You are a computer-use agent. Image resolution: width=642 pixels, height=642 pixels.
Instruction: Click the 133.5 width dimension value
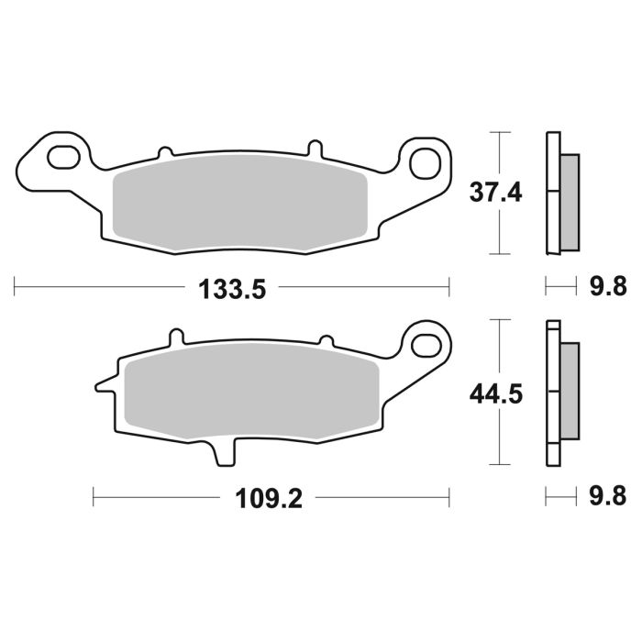(x=232, y=290)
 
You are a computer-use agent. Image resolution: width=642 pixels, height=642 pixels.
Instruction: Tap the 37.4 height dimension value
(x=496, y=194)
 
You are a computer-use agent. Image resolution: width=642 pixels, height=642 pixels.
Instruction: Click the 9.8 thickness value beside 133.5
(x=606, y=288)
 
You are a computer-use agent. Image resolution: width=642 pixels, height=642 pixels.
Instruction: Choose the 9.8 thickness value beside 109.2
(x=606, y=497)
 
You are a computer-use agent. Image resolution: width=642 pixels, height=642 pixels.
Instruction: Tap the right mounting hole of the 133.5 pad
(x=425, y=163)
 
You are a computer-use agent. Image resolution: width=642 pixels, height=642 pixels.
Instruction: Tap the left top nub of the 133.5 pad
(x=166, y=151)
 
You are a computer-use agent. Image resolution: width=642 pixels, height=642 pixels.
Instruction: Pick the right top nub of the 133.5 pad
(x=314, y=148)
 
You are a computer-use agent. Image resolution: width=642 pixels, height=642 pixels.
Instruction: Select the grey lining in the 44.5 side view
(x=570, y=391)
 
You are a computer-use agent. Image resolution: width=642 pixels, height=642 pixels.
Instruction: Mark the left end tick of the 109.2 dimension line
(x=94, y=499)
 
